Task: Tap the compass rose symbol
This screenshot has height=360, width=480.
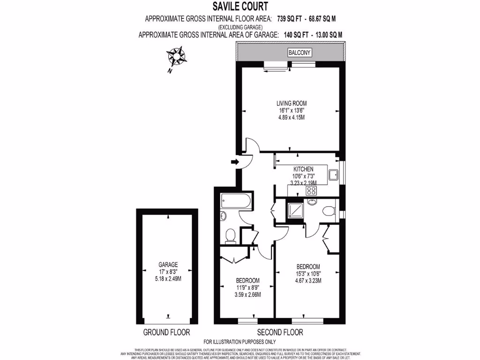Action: [177, 57]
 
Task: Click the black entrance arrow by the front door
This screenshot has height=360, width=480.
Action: [235, 162]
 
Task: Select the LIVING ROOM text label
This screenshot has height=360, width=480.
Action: [291, 103]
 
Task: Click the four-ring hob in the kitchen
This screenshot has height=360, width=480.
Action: [311, 190]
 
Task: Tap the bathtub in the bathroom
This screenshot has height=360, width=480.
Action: [237, 202]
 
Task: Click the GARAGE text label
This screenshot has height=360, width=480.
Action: [168, 265]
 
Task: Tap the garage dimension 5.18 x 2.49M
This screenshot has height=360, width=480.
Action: [168, 278]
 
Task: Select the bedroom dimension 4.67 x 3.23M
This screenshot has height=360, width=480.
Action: [308, 281]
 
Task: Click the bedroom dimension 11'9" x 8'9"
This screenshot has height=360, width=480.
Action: [248, 288]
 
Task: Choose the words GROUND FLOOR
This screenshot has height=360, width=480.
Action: [167, 332]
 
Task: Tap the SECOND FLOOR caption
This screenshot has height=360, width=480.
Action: [280, 332]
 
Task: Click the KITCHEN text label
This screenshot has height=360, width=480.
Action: [303, 169]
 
